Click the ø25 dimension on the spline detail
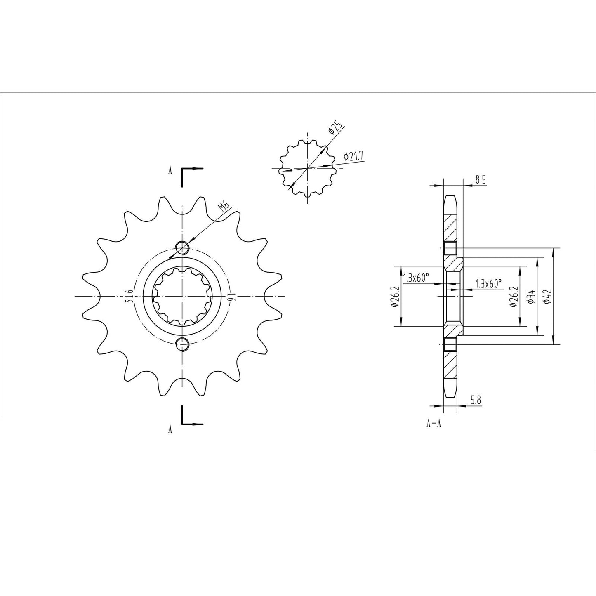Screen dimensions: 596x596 click(x=335, y=129)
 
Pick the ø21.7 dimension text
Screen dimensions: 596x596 click(x=353, y=157)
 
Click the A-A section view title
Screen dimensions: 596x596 click(x=434, y=424)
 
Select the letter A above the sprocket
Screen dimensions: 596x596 click(x=170, y=172)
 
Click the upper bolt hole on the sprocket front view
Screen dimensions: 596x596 click(x=182, y=248)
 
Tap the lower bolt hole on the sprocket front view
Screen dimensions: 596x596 click(x=182, y=343)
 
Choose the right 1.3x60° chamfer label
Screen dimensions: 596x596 click(x=489, y=284)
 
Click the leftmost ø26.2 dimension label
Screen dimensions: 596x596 click(x=393, y=297)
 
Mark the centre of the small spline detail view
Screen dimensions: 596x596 click(x=307, y=168)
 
